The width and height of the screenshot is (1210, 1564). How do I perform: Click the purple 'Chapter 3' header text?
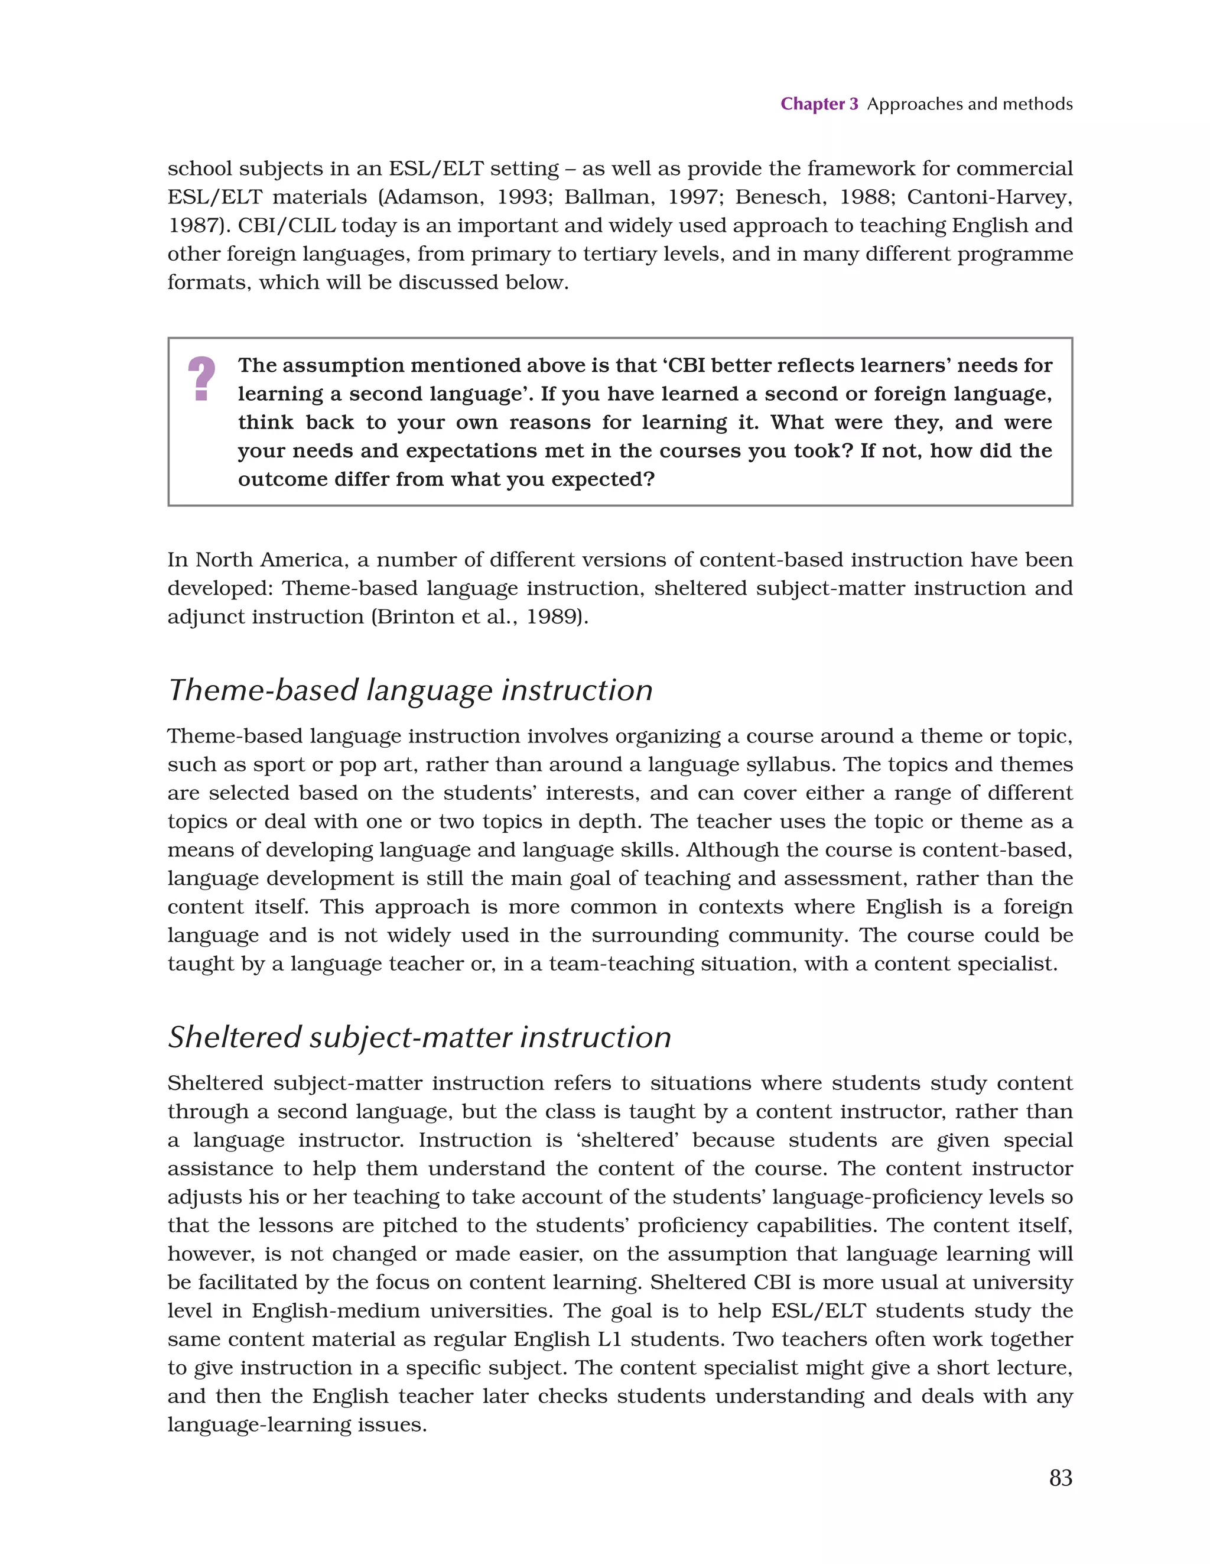[x=818, y=104]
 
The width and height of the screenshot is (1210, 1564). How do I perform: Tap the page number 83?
[x=1061, y=1477]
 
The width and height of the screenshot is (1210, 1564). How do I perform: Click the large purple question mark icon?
[x=201, y=379]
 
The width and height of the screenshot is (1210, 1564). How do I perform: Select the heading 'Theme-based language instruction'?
[x=410, y=690]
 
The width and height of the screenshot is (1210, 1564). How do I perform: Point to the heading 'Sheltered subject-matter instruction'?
[x=419, y=1037]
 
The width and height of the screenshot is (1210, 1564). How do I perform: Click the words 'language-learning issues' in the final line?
[x=297, y=1425]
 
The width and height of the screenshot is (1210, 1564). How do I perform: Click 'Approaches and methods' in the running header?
[x=970, y=104]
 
